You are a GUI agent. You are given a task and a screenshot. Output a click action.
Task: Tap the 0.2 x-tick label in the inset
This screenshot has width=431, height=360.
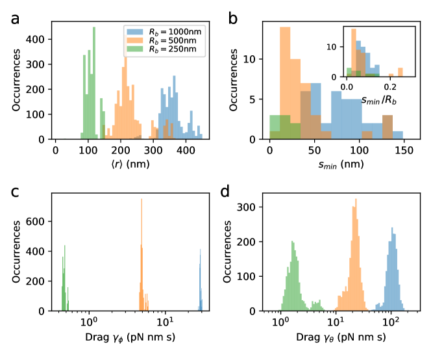(390, 84)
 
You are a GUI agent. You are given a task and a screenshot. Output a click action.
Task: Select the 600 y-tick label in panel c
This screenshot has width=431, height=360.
(38, 221)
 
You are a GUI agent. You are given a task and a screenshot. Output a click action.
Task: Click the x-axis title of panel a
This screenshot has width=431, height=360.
(128, 166)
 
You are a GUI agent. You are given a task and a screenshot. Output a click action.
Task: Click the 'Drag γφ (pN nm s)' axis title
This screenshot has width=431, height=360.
(128, 339)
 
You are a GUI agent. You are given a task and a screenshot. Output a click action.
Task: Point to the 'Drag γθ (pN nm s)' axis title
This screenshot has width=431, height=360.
(337, 339)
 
